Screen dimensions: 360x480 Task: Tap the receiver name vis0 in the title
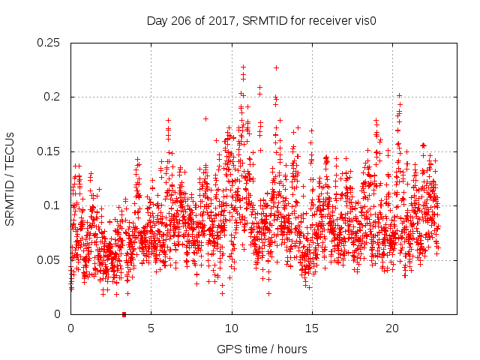click(363, 21)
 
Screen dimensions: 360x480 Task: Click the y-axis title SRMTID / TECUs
click(10, 178)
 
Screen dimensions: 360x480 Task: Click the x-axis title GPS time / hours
click(262, 349)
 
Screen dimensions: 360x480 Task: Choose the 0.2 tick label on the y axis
click(52, 97)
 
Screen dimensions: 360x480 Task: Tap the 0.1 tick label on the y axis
click(52, 205)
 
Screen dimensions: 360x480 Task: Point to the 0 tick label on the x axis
click(70, 329)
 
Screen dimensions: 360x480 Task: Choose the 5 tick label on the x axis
click(151, 329)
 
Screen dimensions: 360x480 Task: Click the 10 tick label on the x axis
click(231, 329)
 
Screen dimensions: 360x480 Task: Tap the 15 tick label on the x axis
click(311, 329)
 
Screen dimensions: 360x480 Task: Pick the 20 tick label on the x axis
click(391, 329)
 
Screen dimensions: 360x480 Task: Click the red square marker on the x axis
click(124, 313)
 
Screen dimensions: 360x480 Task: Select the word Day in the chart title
click(157, 21)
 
